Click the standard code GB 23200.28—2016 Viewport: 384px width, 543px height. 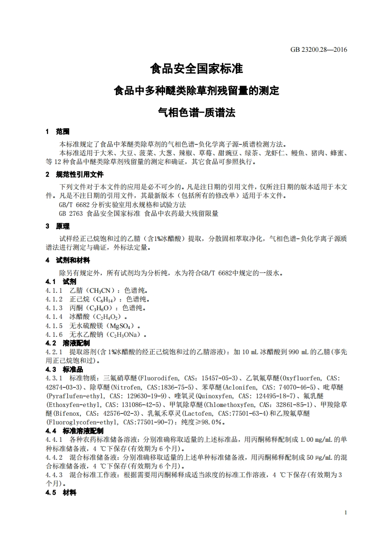[319, 49]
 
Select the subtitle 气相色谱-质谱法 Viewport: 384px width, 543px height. [196, 113]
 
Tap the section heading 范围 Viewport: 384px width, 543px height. [63, 132]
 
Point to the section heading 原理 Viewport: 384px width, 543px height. [63, 226]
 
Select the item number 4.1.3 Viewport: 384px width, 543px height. [54, 308]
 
